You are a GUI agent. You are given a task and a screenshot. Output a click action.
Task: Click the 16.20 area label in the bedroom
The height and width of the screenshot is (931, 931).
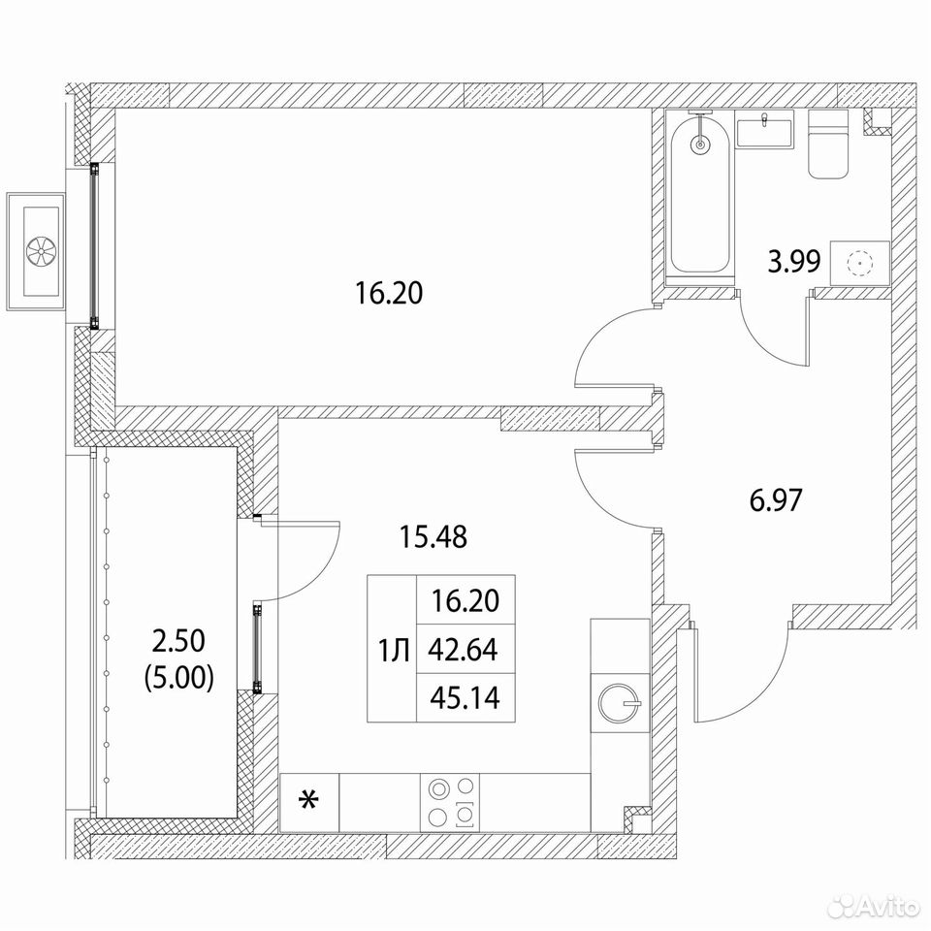coord(389,293)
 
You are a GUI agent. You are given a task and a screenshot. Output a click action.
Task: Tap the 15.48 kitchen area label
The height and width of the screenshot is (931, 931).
coord(433,536)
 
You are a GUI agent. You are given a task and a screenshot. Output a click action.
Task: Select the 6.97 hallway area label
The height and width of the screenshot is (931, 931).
coord(776,500)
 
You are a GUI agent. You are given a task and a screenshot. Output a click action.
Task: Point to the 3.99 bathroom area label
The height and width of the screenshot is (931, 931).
coord(794,261)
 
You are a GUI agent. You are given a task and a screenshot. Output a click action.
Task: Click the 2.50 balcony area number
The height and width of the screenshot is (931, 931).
coord(178,641)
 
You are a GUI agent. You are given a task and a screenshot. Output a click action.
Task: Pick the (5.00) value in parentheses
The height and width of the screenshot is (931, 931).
coord(178,678)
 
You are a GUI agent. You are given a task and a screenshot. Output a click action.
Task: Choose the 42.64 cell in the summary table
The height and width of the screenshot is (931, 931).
coord(465,650)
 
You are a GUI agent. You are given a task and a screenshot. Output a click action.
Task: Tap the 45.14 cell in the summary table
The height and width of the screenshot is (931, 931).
coord(465,698)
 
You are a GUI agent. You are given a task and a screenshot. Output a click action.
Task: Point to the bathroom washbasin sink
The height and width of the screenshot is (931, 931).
coord(765,133)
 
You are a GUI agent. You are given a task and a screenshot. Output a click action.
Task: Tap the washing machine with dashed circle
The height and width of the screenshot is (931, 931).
coord(860,263)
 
